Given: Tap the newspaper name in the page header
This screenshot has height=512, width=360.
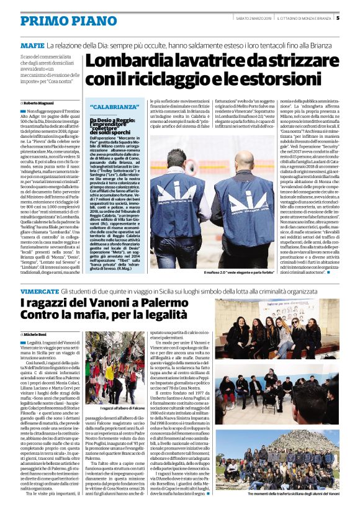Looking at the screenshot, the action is (x=304, y=18).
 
